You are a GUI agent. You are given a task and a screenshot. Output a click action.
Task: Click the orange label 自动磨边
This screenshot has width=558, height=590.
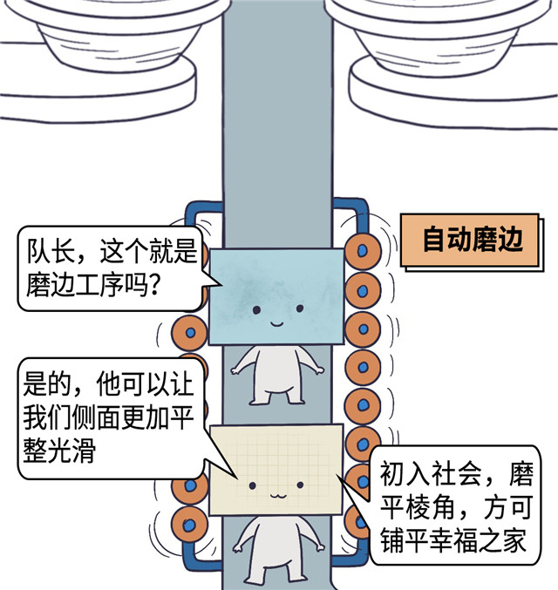tap(473, 240)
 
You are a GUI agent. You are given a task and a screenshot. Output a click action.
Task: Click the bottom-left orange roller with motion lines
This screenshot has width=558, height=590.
tap(187, 523)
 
